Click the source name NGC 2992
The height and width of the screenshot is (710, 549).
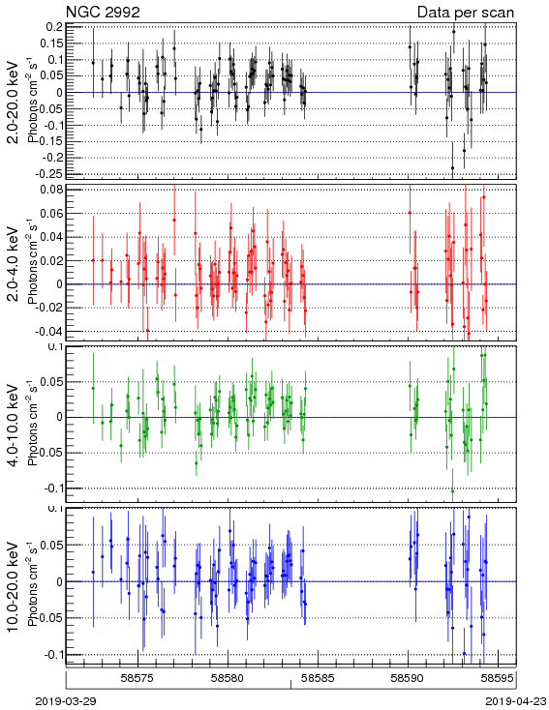tap(103, 12)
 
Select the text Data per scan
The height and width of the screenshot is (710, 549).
tap(466, 13)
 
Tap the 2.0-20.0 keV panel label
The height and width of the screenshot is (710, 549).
tap(15, 102)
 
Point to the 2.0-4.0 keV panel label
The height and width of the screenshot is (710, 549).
tap(15, 263)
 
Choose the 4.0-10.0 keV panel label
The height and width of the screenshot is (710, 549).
tap(15, 426)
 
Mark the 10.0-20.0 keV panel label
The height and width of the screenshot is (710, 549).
tap(15, 587)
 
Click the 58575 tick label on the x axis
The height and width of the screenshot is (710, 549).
tap(138, 678)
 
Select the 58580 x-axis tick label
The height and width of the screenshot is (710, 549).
tap(229, 678)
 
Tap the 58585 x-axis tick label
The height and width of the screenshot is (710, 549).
tap(319, 678)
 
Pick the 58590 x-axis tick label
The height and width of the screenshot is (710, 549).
tap(408, 678)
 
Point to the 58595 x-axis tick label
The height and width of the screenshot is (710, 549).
tap(498, 678)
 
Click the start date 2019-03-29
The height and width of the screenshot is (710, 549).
tap(66, 701)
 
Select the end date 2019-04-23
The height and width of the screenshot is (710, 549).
tap(516, 701)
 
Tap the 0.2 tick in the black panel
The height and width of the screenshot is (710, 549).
tap(54, 27)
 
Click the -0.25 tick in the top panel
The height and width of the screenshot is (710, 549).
tap(50, 174)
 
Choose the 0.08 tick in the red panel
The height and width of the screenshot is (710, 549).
tap(50, 190)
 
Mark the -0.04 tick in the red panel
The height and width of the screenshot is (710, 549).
tap(49, 331)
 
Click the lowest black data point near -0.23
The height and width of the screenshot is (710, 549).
tap(452, 168)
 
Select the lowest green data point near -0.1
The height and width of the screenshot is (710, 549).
tap(452, 490)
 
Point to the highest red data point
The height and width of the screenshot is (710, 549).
tap(484, 197)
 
